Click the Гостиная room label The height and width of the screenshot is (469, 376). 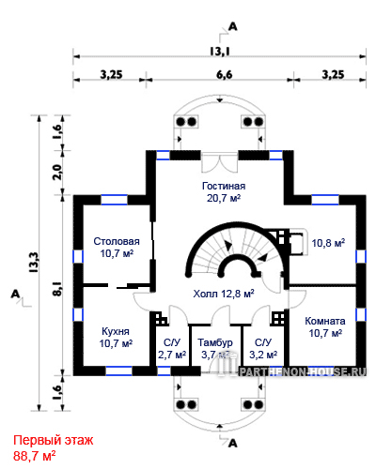[x=224, y=186]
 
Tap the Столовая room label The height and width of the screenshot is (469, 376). [x=117, y=241]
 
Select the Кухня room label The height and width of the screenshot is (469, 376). [x=116, y=331]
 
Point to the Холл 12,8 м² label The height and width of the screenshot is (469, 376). [x=224, y=294]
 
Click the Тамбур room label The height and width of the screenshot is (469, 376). [x=215, y=342]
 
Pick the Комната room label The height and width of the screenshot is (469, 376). [x=325, y=321]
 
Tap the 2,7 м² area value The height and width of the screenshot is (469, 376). [x=172, y=355]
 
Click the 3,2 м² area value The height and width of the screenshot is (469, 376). [x=263, y=355]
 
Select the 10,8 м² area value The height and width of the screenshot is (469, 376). [x=328, y=243]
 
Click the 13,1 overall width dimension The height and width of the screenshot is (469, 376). [x=220, y=51]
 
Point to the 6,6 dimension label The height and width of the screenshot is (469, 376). [x=225, y=75]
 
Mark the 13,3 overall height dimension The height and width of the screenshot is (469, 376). [x=34, y=263]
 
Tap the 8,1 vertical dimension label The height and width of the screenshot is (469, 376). [x=57, y=289]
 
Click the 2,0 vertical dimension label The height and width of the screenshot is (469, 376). [x=57, y=172]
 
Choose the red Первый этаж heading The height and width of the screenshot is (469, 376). [x=54, y=440]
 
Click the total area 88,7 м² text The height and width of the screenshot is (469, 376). [x=35, y=456]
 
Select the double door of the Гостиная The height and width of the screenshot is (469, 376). [x=219, y=162]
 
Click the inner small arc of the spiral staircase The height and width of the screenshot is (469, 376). [x=239, y=265]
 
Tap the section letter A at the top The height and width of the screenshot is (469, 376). [x=233, y=26]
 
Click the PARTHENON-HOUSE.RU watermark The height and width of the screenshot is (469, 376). [x=303, y=371]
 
